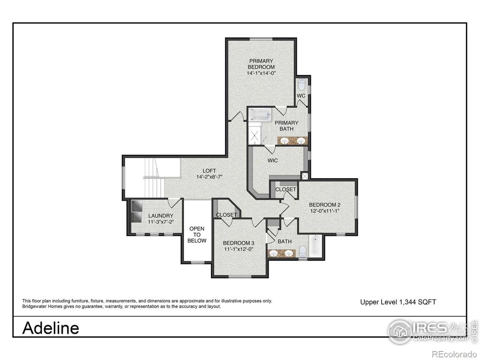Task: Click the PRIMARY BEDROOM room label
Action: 262,64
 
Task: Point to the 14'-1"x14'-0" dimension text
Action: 262,73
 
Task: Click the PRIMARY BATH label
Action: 286,126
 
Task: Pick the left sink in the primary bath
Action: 285,140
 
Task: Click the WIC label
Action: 273,160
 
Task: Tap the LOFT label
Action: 209,171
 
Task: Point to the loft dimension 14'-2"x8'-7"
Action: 209,177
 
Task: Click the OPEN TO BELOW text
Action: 197,234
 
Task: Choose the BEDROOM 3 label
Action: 239,243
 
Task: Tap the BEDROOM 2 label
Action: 324,205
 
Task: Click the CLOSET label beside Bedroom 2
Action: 285,189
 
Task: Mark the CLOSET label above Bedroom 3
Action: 226,215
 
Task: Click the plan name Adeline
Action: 51,328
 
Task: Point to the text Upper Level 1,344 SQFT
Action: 398,302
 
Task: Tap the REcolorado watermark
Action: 454,353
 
